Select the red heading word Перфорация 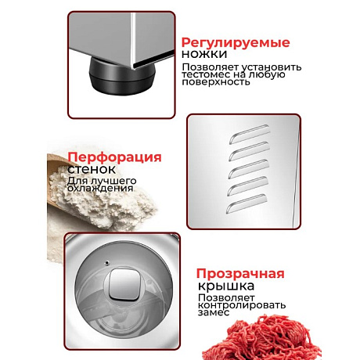[x=114, y=157]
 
